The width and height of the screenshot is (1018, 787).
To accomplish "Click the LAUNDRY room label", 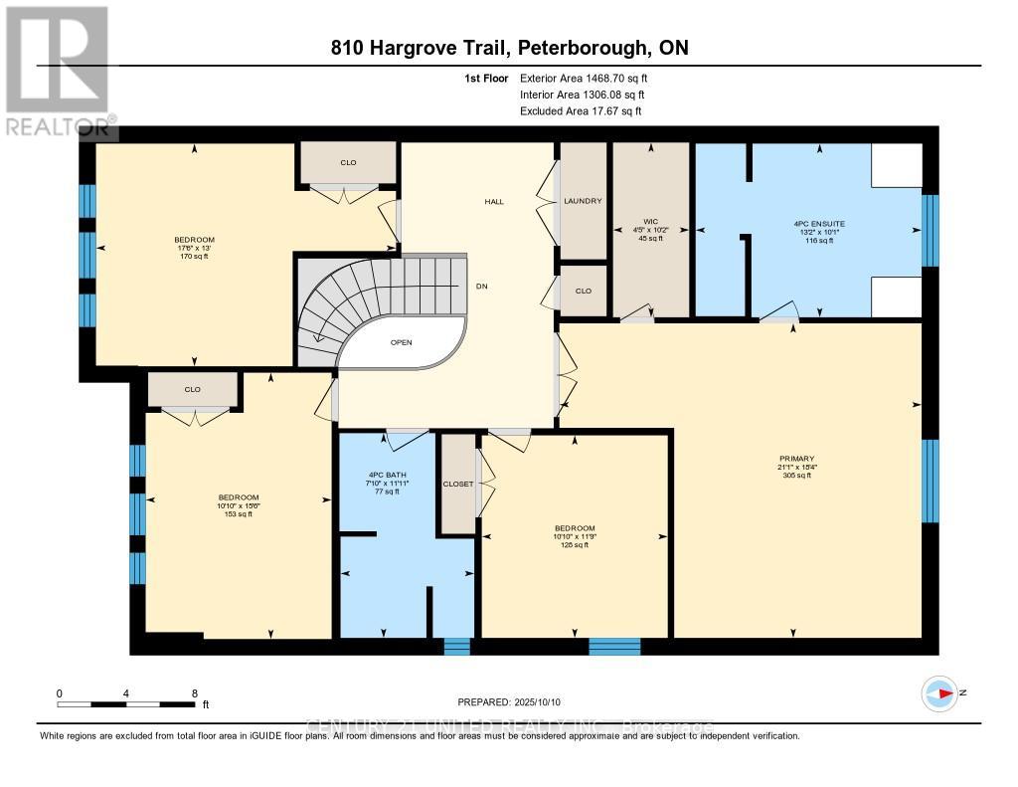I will [583, 202].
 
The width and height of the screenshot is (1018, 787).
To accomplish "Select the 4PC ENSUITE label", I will [820, 225].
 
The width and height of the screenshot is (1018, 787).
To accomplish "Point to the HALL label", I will [494, 202].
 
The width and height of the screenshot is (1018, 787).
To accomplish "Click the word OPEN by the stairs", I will [401, 342].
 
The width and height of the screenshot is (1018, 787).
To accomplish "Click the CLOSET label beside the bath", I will [458, 484].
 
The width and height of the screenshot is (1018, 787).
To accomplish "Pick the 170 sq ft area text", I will [193, 256].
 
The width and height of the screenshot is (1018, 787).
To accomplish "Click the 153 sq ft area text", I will [239, 514].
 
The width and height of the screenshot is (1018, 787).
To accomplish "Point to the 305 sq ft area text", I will [797, 476].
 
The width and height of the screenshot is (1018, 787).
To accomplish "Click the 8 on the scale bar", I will [195, 692].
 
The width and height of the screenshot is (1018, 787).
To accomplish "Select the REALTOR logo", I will [58, 71].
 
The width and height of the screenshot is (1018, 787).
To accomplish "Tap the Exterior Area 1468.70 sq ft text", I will [590, 78].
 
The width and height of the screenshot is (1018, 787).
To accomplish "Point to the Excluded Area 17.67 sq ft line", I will [581, 111].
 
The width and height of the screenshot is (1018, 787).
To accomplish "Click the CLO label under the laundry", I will [583, 291].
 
